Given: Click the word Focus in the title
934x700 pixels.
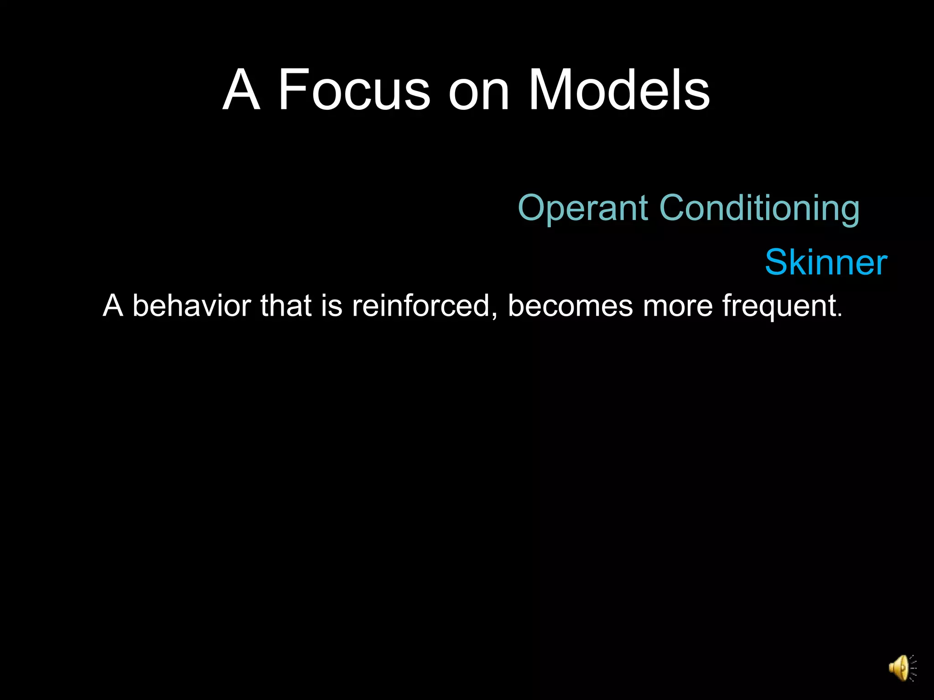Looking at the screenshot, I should [x=354, y=90].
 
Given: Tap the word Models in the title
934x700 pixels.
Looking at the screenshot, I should [x=618, y=90].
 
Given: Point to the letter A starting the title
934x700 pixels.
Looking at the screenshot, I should [x=241, y=90].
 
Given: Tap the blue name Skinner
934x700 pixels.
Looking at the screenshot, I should [x=826, y=262].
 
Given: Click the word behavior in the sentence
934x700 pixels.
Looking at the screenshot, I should [x=192, y=305].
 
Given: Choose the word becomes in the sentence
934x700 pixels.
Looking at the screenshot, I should [x=570, y=305].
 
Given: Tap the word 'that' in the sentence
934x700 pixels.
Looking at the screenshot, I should [x=286, y=305].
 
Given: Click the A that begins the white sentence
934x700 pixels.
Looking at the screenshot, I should [x=113, y=305].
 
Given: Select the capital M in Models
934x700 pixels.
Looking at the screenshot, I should [x=549, y=90].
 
